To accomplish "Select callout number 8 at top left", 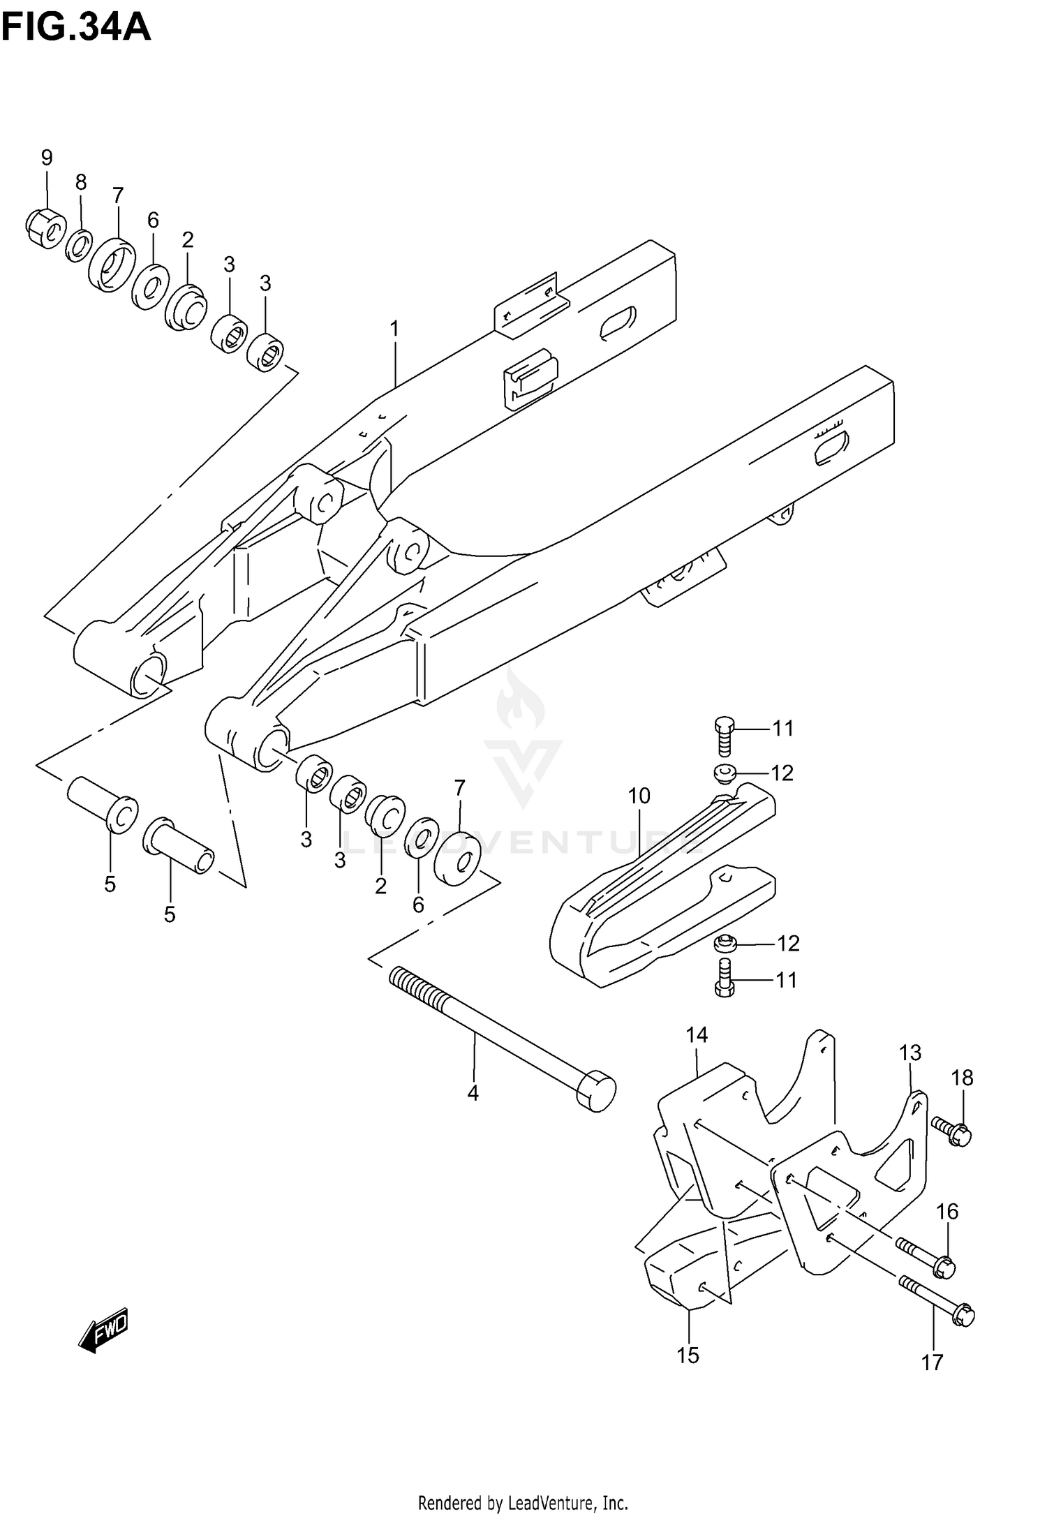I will click(x=81, y=183).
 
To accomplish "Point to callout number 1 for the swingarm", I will click(x=394, y=328).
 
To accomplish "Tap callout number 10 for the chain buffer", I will click(x=639, y=796).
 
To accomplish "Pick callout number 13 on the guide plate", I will click(x=910, y=1053).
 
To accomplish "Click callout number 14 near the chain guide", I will click(x=697, y=1034).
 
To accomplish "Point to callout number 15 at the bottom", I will click(x=688, y=1355).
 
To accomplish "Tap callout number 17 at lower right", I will click(x=932, y=1362).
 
